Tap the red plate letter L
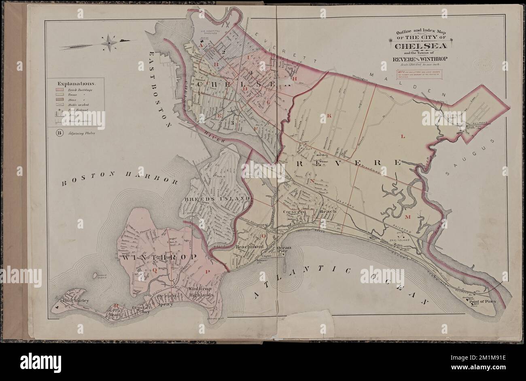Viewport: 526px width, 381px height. (x=403, y=137)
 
